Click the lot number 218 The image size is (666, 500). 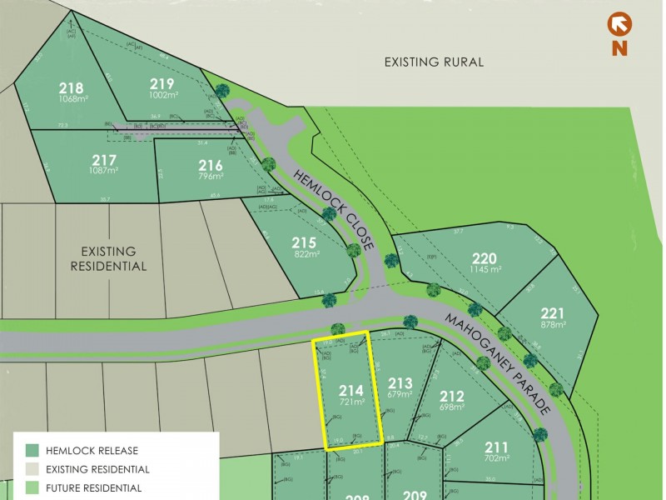click(71, 87)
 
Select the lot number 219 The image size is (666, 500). click(162, 83)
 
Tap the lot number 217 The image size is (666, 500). click(103, 160)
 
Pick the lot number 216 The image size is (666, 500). click(211, 165)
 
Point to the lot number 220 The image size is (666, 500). click(484, 257)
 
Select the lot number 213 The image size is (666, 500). click(400, 383)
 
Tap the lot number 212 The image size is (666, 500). click(451, 397)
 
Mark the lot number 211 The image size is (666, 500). click(496, 446)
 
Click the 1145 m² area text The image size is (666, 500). click(484, 269)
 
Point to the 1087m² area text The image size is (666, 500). click(103, 171)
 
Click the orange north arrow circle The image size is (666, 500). click(619, 22)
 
